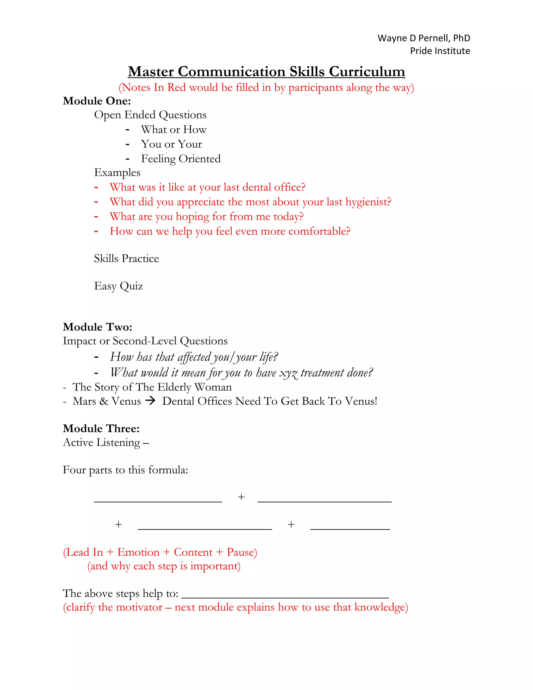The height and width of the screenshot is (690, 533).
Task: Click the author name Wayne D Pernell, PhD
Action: [423, 38]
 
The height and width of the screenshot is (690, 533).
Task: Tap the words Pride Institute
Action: [440, 51]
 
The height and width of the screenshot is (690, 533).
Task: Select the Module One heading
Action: [97, 101]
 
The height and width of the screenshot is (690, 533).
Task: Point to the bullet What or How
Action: [174, 129]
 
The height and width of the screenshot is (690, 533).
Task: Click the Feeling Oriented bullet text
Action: [181, 159]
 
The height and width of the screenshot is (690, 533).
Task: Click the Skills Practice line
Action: [126, 259]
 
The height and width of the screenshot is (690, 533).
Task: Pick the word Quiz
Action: [131, 286]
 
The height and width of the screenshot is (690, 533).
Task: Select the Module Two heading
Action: [97, 327]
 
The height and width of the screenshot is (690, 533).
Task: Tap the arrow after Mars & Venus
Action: [150, 401]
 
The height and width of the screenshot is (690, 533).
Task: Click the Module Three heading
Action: [101, 428]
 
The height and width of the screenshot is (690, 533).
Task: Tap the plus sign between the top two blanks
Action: [241, 497]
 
